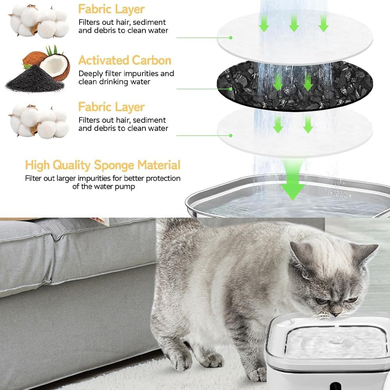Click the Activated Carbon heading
pos(125,60)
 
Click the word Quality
pos(69,165)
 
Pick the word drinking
pos(115,82)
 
